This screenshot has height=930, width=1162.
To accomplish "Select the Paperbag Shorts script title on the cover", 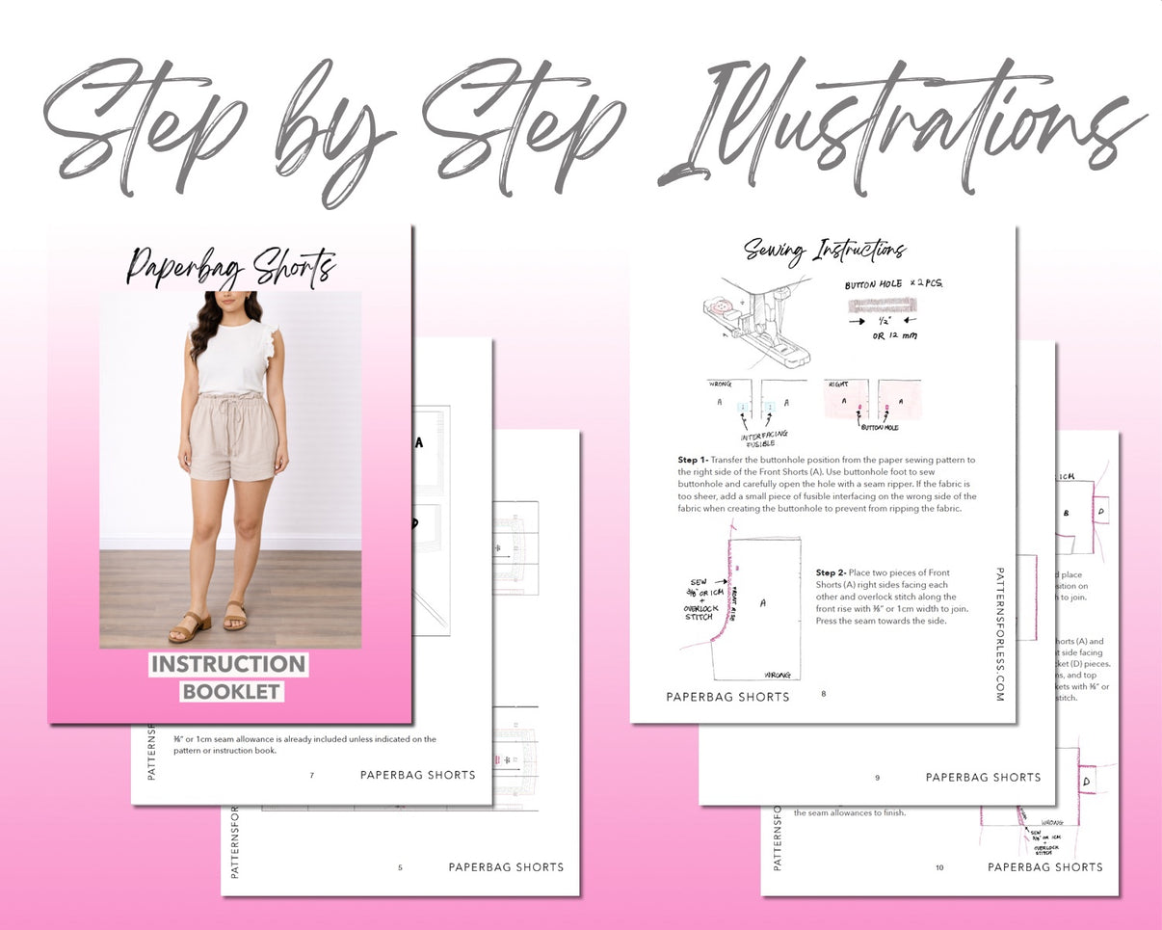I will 231,266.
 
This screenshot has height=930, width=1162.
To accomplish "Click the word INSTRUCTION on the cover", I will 228,665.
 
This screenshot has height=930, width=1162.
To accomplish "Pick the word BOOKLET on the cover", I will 231,692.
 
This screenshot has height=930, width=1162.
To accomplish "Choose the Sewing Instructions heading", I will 824,252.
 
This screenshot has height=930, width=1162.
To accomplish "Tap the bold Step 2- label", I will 831,572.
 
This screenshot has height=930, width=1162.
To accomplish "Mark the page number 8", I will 824,693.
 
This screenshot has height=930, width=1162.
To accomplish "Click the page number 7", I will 311,775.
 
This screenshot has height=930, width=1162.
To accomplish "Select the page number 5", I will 400,867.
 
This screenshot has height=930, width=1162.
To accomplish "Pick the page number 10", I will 939,867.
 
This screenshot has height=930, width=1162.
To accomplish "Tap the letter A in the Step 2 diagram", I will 763,602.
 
